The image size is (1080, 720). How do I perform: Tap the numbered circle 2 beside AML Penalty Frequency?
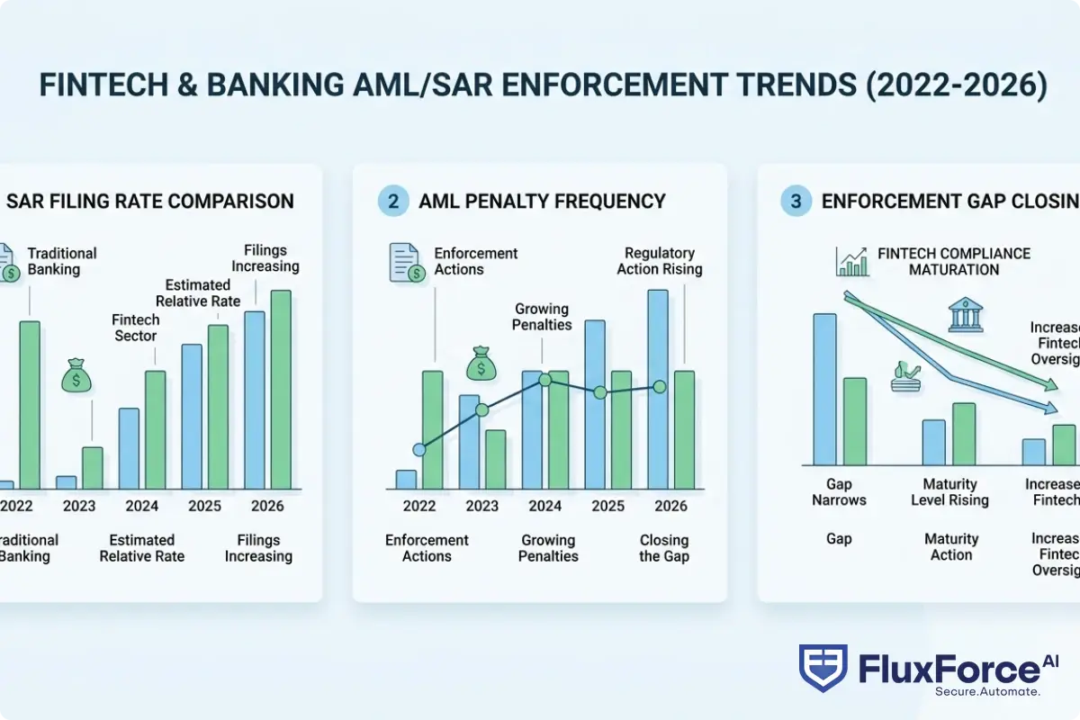click(392, 201)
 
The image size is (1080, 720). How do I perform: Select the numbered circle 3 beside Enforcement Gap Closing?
click(796, 201)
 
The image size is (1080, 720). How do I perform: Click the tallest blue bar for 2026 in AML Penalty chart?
click(658, 389)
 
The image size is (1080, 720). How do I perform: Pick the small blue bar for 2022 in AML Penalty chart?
click(407, 480)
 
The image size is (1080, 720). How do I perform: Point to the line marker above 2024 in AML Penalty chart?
click(544, 380)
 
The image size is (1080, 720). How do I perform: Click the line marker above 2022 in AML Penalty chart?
click(418, 449)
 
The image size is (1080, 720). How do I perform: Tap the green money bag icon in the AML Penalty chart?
click(481, 365)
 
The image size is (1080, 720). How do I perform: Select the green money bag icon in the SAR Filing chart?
click(76, 375)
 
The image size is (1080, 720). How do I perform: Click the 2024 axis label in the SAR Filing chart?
click(142, 506)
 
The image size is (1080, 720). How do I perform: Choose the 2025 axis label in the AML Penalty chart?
click(607, 506)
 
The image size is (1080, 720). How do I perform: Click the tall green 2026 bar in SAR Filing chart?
click(281, 389)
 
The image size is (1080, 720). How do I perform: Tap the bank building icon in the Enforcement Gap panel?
click(966, 316)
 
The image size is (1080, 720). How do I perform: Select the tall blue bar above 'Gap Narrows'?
click(823, 388)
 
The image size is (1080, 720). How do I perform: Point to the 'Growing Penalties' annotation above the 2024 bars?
click(543, 317)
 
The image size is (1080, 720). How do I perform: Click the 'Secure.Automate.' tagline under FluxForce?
click(987, 691)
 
